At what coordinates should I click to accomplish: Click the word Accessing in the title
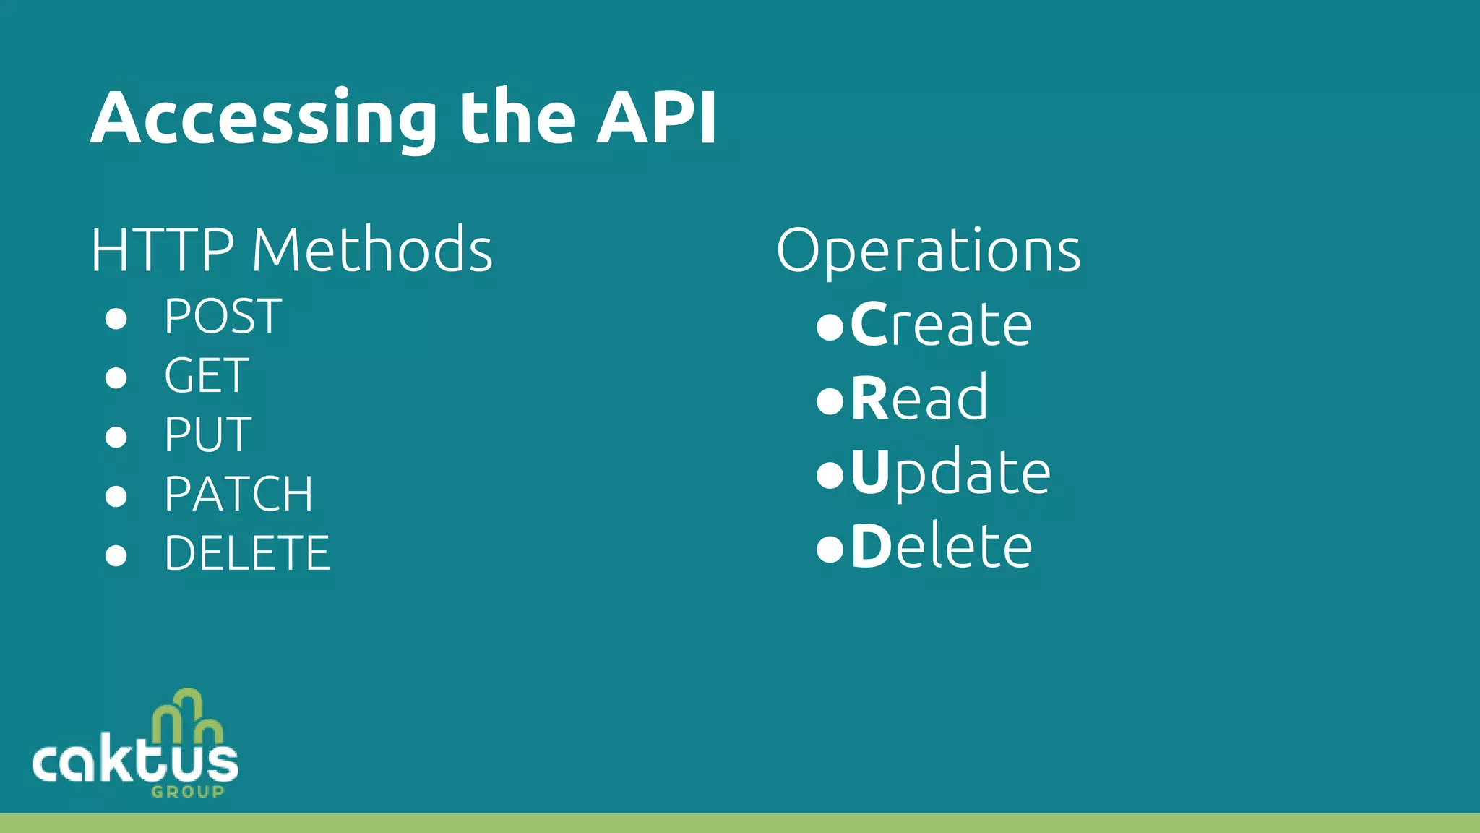(264, 119)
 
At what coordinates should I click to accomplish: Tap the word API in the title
(656, 117)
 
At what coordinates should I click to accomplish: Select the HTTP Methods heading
(291, 249)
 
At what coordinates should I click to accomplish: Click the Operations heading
(929, 251)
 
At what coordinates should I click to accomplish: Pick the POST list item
(223, 317)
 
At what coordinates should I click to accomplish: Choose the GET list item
(207, 376)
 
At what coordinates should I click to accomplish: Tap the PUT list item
(208, 435)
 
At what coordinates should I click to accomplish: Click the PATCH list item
(238, 495)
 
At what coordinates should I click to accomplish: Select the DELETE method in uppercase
(247, 554)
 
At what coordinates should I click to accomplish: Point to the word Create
(941, 325)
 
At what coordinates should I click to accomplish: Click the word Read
(919, 398)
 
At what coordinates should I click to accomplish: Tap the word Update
(950, 473)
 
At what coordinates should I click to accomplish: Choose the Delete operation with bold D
(942, 547)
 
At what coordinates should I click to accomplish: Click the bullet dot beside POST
(116, 318)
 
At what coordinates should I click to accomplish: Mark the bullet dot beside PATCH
(116, 496)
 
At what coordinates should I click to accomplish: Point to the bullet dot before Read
(830, 401)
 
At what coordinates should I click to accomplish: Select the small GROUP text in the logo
(188, 792)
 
